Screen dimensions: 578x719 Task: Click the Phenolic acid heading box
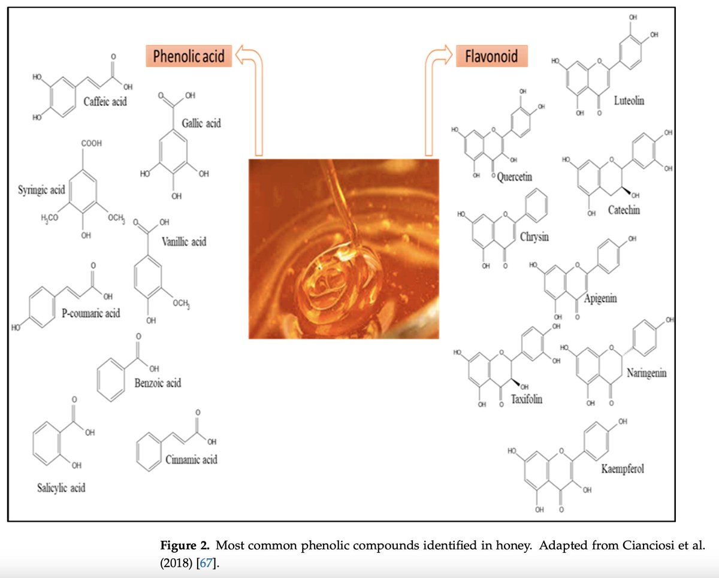(x=189, y=56)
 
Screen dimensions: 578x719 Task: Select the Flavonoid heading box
(x=491, y=56)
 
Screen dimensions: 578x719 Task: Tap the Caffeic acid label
(x=105, y=101)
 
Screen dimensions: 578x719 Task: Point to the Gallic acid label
(x=201, y=123)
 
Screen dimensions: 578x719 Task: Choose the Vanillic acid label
(x=184, y=242)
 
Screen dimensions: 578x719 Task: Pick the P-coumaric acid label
(x=90, y=313)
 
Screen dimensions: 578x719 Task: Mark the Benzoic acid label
(x=158, y=382)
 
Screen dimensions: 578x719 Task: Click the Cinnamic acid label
(x=191, y=459)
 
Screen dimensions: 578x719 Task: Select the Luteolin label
(x=629, y=101)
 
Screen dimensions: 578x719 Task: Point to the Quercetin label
(x=515, y=177)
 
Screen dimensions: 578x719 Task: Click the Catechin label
(x=624, y=210)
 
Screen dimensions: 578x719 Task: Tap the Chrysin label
(x=534, y=237)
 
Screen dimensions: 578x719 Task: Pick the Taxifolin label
(x=527, y=398)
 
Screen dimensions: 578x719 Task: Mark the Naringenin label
(x=647, y=373)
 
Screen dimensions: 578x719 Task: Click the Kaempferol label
(x=623, y=468)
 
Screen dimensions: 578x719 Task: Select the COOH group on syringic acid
(x=90, y=144)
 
